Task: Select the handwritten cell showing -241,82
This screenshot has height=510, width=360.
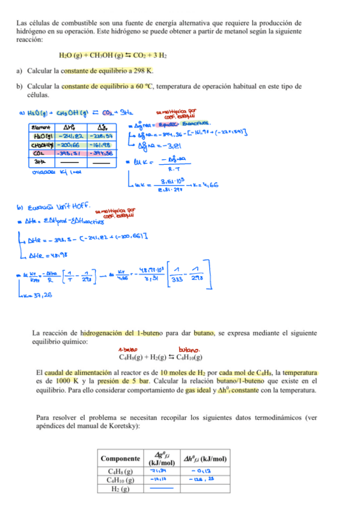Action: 71,137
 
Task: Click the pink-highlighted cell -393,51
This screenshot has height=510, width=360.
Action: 71,153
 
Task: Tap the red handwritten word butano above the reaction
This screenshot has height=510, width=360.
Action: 191,349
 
